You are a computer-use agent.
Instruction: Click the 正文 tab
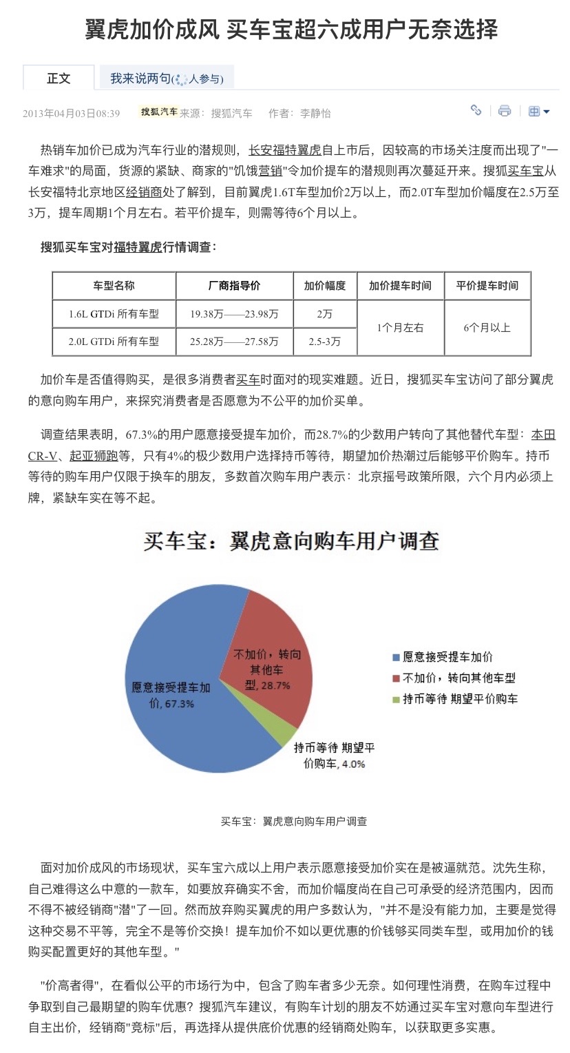click(x=59, y=79)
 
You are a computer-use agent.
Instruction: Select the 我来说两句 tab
click(x=166, y=79)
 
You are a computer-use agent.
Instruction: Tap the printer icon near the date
click(x=505, y=111)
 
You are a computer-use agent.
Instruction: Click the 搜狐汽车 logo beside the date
click(x=158, y=112)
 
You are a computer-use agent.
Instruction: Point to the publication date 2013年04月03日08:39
click(x=71, y=114)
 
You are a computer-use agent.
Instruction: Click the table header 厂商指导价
click(x=234, y=286)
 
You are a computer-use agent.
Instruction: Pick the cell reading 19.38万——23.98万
click(x=234, y=314)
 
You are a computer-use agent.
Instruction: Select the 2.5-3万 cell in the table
click(x=324, y=341)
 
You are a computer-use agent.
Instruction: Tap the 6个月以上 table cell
click(x=487, y=327)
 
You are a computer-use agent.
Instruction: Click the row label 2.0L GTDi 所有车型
click(x=114, y=341)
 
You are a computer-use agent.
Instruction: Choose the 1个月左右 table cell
click(x=400, y=327)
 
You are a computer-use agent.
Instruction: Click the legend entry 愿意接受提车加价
click(x=447, y=657)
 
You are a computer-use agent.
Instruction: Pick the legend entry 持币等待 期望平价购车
click(x=460, y=699)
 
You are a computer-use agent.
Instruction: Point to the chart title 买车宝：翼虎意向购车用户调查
click(x=291, y=541)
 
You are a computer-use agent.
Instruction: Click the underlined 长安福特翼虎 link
click(x=284, y=149)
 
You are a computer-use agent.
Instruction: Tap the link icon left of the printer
click(x=476, y=110)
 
